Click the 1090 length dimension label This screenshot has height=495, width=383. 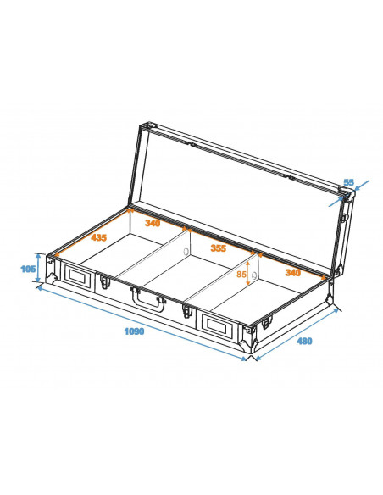click(x=132, y=331)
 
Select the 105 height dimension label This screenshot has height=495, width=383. click(x=28, y=269)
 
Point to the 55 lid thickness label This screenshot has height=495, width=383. click(x=348, y=183)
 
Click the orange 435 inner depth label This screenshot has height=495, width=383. click(x=98, y=238)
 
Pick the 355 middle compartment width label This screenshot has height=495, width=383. click(x=218, y=248)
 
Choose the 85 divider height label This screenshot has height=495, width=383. click(x=241, y=274)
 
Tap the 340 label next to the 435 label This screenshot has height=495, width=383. click(x=153, y=223)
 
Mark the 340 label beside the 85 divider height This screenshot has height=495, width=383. click(x=293, y=272)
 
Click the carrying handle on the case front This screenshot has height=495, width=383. click(x=148, y=298)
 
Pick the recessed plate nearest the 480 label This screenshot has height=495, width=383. click(x=215, y=324)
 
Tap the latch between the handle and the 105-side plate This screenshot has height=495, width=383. click(x=105, y=282)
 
